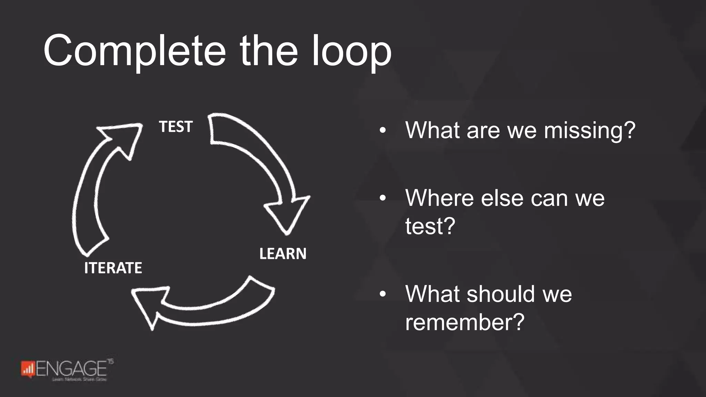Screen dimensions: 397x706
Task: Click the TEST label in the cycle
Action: click(x=175, y=127)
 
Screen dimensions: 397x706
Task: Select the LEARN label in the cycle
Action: click(x=283, y=254)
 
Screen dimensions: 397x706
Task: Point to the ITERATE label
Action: click(x=113, y=268)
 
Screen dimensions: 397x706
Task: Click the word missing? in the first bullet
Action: click(x=589, y=131)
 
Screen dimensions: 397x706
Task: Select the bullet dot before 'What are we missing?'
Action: click(x=382, y=131)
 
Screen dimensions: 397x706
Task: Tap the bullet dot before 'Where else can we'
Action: click(x=382, y=198)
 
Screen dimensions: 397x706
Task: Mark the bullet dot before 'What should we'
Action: click(x=382, y=294)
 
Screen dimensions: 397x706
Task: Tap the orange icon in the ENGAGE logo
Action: click(x=28, y=369)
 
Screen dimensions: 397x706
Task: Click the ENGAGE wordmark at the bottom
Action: click(x=71, y=369)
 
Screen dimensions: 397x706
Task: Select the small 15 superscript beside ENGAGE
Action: click(x=110, y=362)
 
